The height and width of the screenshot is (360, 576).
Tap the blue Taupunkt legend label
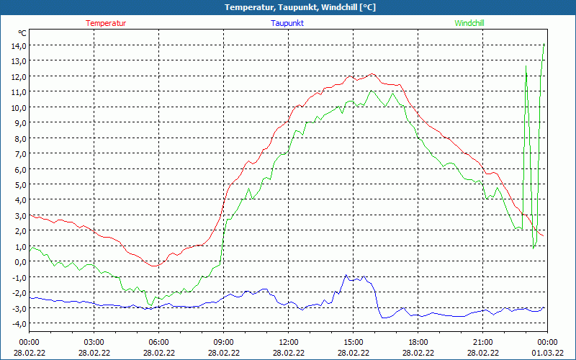point(288,23)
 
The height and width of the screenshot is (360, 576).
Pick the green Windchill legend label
point(469,23)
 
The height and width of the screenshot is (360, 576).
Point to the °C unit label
point(22,33)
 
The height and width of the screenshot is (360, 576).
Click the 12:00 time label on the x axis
point(288,341)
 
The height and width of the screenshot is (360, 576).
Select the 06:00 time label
point(158,341)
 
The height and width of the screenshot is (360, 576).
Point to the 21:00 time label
point(482,341)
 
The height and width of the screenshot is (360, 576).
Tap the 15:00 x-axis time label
point(353,341)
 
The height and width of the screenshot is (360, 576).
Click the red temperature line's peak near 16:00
point(372,73)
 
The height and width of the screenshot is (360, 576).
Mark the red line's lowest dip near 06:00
point(154,266)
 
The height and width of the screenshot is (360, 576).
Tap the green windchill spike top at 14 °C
point(544,45)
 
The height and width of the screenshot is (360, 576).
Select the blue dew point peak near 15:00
point(346,275)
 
